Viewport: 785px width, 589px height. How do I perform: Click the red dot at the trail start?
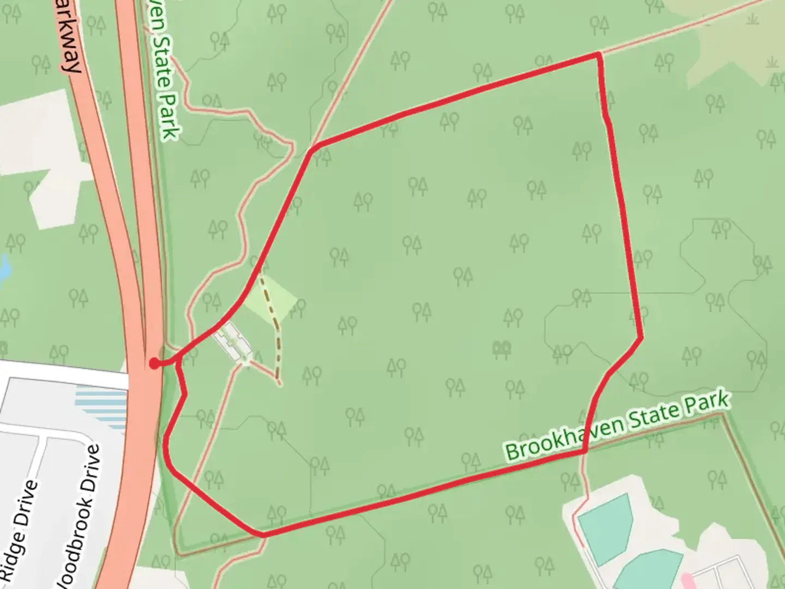click(x=155, y=363)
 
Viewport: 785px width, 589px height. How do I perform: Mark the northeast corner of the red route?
click(x=599, y=54)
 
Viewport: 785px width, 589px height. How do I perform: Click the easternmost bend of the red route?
click(x=641, y=338)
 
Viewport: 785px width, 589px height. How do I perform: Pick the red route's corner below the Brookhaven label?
click(x=584, y=452)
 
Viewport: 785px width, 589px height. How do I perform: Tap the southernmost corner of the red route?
click(x=263, y=534)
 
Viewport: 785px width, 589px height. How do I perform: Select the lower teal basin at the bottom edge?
click(x=649, y=573)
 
